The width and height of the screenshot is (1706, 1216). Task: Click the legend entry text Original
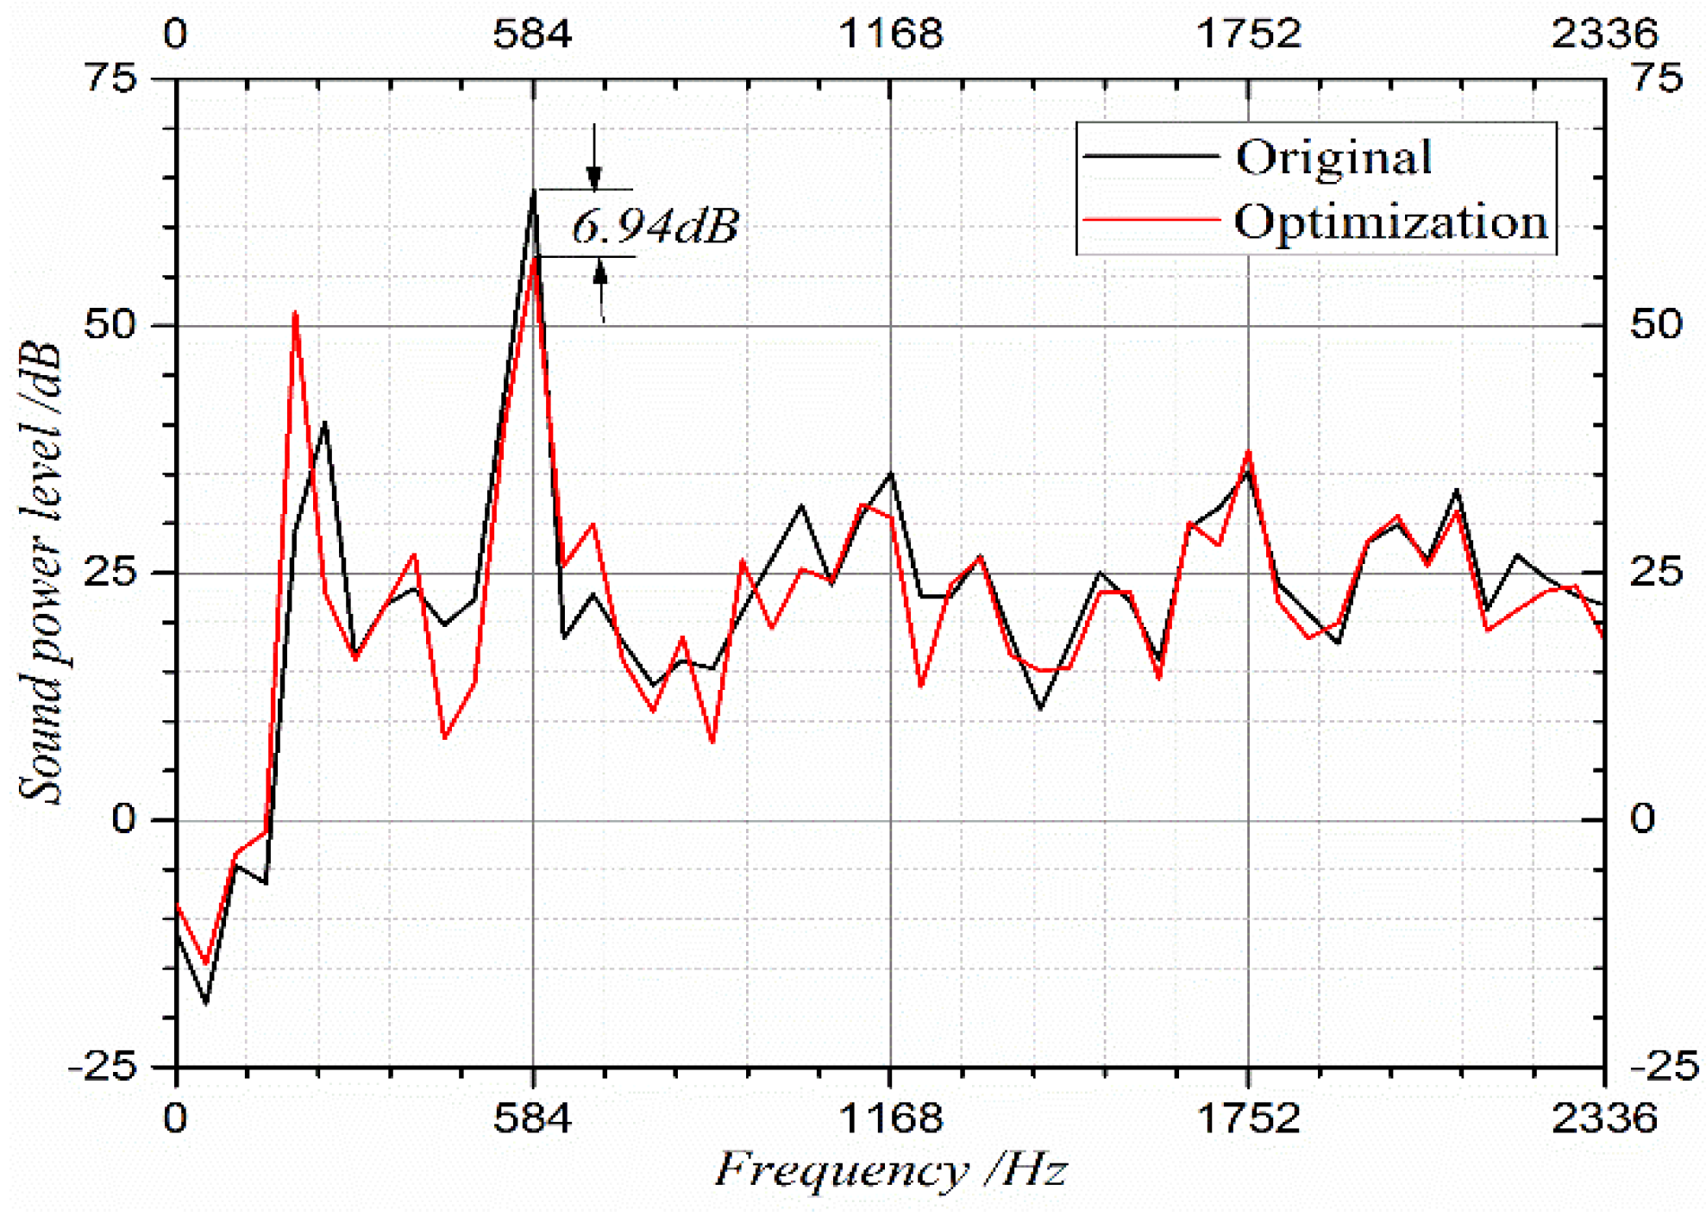click(x=1333, y=158)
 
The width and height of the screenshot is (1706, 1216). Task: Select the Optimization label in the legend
click(x=1390, y=223)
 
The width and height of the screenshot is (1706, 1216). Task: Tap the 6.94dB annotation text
click(x=655, y=226)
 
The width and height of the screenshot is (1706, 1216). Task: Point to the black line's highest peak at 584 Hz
click(x=534, y=191)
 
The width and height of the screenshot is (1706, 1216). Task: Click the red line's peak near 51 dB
click(x=295, y=313)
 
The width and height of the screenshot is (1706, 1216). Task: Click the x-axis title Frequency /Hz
click(x=890, y=1170)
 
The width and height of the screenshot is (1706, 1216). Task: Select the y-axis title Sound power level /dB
click(x=41, y=573)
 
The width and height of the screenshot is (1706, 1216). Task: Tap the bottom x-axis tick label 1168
click(x=890, y=1119)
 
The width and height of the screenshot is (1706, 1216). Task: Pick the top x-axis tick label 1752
click(x=1248, y=34)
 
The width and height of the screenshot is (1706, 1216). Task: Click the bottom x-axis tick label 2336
click(x=1604, y=1119)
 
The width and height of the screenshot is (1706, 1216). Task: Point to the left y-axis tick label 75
click(x=110, y=78)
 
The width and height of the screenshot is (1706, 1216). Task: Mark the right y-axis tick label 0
click(x=1642, y=819)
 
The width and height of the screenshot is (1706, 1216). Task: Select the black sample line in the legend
click(x=1151, y=156)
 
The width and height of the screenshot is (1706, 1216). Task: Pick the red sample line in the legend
click(x=1151, y=220)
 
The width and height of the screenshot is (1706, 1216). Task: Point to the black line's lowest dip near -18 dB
click(x=205, y=1003)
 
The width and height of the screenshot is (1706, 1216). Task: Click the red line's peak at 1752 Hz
click(x=1248, y=452)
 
